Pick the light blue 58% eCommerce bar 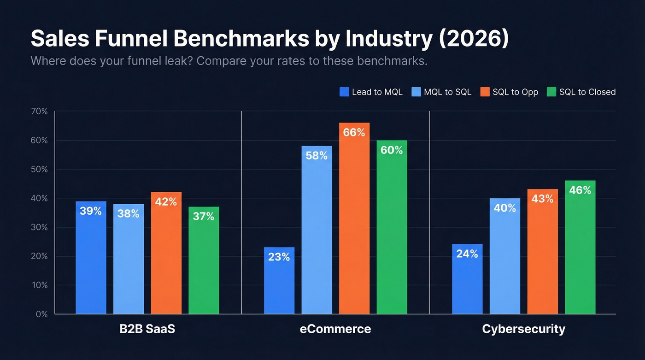click(317, 230)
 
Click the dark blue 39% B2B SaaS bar click(91, 258)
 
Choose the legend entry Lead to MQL click(371, 92)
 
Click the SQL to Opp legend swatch click(485, 92)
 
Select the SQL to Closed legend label click(587, 92)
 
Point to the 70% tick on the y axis click(39, 111)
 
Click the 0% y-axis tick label click(41, 314)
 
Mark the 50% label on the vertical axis click(39, 169)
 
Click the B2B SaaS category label click(147, 329)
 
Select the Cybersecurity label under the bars click(523, 329)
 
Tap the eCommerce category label click(335, 329)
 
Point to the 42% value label click(166, 202)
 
